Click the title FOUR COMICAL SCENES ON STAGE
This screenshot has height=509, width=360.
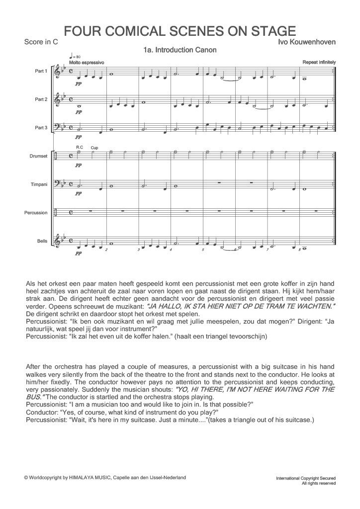(x=180, y=30)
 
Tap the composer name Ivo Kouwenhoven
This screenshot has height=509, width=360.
(x=307, y=42)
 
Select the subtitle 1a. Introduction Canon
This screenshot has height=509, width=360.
(x=179, y=50)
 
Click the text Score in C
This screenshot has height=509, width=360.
(x=41, y=42)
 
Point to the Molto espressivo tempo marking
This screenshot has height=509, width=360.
(x=87, y=63)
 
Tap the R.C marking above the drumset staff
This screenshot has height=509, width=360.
(x=79, y=147)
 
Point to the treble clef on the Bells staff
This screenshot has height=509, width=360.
(x=61, y=241)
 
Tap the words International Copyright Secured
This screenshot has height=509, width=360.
(x=306, y=478)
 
